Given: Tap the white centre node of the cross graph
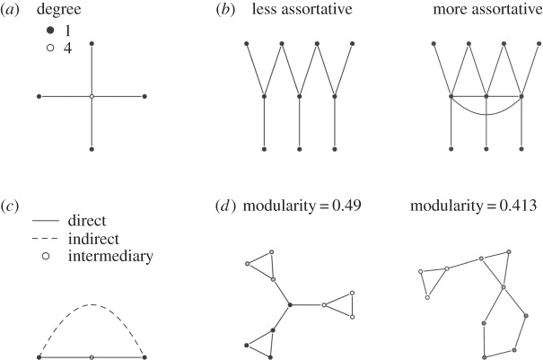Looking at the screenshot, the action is point(92,95).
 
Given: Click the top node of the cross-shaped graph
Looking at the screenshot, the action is point(92,42).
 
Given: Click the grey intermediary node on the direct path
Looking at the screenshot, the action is point(92,356).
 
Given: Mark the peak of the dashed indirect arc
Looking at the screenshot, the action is point(92,305).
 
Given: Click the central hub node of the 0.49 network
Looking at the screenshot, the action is point(290,305).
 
